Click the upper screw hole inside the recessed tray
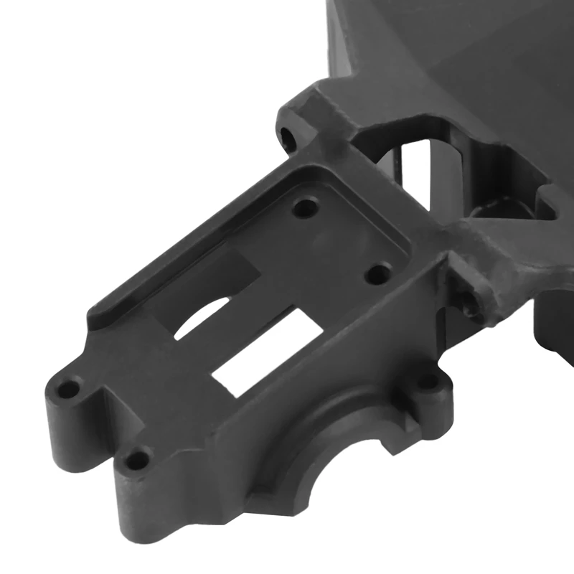(306, 209)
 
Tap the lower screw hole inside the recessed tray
(378, 273)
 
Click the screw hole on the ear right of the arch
(428, 382)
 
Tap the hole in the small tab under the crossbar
(470, 301)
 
